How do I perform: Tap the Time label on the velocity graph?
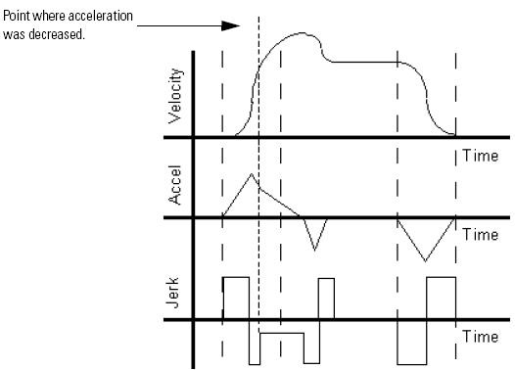pos(480,156)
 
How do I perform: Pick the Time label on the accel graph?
pos(480,235)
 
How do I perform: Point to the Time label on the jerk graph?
pos(480,337)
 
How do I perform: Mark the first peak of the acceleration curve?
pos(252,174)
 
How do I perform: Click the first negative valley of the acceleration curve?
pos(314,249)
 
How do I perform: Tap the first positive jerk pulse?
pos(236,299)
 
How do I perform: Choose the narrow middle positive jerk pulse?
pos(326,300)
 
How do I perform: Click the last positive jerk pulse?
pos(441,299)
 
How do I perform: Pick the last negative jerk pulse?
pos(411,342)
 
